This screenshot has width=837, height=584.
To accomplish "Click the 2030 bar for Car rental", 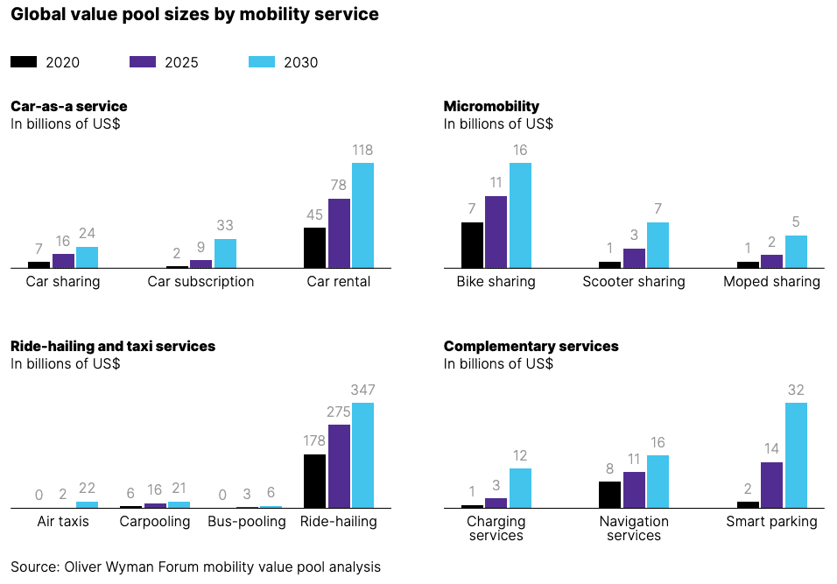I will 362,215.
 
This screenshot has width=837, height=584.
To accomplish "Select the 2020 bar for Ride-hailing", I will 314,481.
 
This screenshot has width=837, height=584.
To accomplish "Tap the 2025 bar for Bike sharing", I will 496,232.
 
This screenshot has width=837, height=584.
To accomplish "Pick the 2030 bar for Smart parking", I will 796,455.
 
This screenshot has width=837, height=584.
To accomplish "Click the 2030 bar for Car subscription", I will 225,253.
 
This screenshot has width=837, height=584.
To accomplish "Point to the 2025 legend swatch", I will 142,62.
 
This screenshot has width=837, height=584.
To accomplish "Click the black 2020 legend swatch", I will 24,62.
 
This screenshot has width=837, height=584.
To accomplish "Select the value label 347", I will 362,390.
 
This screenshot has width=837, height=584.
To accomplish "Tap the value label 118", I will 362,150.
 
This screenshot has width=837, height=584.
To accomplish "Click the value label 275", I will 339,412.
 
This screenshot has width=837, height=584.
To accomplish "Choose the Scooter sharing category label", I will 634,282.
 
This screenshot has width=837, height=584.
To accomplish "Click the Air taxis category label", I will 63,522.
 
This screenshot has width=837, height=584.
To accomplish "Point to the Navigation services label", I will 634,528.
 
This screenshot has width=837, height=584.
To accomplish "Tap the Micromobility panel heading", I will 491,107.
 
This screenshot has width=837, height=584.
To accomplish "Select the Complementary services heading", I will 531,347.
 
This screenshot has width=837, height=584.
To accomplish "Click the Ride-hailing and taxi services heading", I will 113,347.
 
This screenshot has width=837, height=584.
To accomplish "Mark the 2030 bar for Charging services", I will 520,488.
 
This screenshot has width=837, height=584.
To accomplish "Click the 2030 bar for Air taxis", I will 88,504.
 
